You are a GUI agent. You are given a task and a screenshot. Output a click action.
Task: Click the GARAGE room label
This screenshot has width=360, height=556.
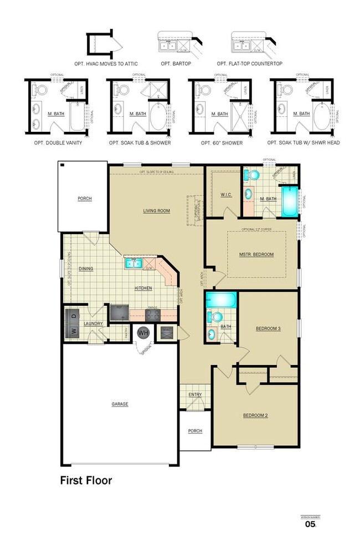click(120, 404)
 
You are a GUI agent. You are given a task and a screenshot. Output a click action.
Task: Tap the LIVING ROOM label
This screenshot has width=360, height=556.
click(156, 210)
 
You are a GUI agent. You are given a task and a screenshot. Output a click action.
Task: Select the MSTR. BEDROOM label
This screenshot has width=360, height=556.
click(256, 254)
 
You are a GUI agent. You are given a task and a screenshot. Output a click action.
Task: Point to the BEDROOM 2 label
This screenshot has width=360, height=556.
click(255, 415)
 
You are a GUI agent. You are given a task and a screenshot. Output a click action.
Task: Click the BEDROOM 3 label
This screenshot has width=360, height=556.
click(268, 328)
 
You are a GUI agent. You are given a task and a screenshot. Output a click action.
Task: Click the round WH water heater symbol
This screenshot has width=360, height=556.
click(143, 333)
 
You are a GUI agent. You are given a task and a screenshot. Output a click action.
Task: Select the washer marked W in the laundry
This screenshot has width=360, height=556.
click(72, 331)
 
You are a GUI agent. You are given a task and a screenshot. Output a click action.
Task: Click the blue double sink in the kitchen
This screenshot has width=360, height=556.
click(133, 262)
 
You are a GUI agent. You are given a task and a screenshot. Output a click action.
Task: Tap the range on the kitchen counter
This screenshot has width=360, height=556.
click(153, 315)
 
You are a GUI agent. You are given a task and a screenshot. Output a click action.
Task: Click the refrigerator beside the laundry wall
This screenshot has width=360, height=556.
click(119, 313)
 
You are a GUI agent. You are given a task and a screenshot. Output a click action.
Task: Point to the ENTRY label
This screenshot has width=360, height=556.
click(195, 394)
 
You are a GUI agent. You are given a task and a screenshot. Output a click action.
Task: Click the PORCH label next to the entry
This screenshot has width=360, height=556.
click(195, 431)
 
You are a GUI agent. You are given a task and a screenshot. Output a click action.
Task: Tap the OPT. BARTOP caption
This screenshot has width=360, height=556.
click(176, 64)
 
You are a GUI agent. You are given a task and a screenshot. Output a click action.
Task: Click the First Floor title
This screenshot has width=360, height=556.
click(86, 480)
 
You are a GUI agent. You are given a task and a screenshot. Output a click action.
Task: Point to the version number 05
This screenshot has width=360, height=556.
click(310, 524)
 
